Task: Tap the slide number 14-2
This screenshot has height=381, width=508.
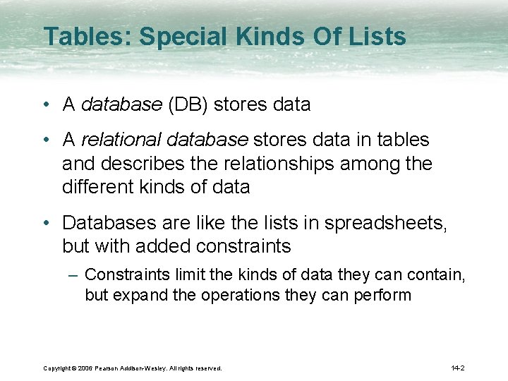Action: tap(457, 368)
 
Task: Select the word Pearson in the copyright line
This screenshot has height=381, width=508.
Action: tap(110, 368)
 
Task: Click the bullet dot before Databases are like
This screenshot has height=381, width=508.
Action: tap(45, 223)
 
